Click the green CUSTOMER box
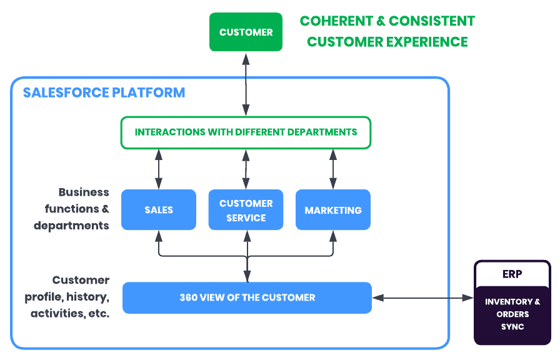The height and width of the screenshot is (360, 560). [x=246, y=32]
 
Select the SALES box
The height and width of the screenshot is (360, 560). [x=159, y=209]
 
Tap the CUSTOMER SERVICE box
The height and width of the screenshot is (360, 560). [x=246, y=209]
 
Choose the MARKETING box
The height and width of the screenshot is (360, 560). [x=333, y=209]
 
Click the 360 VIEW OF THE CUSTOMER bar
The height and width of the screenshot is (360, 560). [x=247, y=297]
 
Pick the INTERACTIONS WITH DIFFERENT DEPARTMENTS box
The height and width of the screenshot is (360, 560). [x=246, y=132]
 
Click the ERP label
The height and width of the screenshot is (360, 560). [x=512, y=274]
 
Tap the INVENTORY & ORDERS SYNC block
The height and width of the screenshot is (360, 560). [x=512, y=314]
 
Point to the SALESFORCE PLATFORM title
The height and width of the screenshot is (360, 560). [x=104, y=92]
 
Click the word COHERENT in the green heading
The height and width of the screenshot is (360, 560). [x=336, y=21]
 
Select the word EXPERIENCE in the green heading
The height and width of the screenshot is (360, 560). [x=427, y=42]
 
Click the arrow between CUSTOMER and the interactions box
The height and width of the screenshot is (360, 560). [x=246, y=84]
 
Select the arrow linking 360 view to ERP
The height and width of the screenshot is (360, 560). [x=423, y=297]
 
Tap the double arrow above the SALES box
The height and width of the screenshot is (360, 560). [x=159, y=169]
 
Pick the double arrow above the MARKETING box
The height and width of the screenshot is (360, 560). [x=333, y=169]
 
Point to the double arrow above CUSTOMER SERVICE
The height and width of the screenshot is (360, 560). [x=246, y=169]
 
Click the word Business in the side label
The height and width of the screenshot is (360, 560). [x=84, y=192]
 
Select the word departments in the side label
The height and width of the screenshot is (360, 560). [x=71, y=226]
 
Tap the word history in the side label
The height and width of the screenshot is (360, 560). [x=87, y=297]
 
